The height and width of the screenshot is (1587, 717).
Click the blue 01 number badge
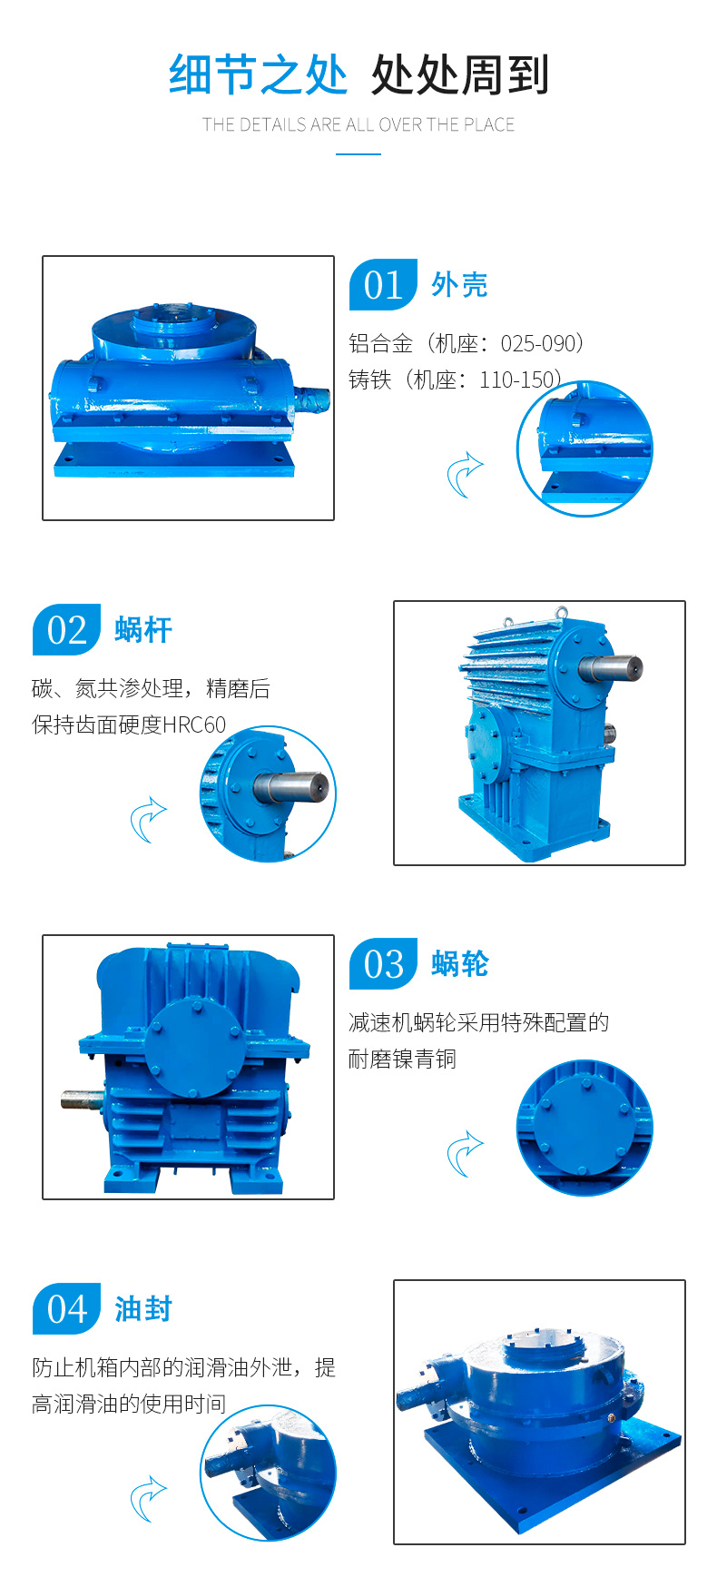pos(383,284)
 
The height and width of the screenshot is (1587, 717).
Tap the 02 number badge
pos(66,629)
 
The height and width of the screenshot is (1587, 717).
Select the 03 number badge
pos(383,963)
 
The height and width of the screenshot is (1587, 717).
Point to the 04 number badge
pos(66,1308)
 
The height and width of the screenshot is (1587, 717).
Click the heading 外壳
pos(459,285)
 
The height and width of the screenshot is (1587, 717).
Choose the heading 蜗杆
pos(143,630)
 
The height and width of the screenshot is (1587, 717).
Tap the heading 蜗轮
pos(460,964)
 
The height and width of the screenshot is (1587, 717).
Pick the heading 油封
pos(143,1309)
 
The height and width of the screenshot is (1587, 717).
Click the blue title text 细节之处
pos(258,74)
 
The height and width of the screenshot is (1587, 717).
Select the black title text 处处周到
pos(460,74)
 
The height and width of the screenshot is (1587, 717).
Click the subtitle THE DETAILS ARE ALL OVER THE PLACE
pos(358,125)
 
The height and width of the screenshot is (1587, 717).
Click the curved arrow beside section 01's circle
pos(465,475)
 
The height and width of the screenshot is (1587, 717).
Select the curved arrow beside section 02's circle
pos(149,820)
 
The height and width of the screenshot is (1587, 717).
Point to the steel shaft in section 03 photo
pos(83,1099)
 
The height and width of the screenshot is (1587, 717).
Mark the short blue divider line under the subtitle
pos(358,153)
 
